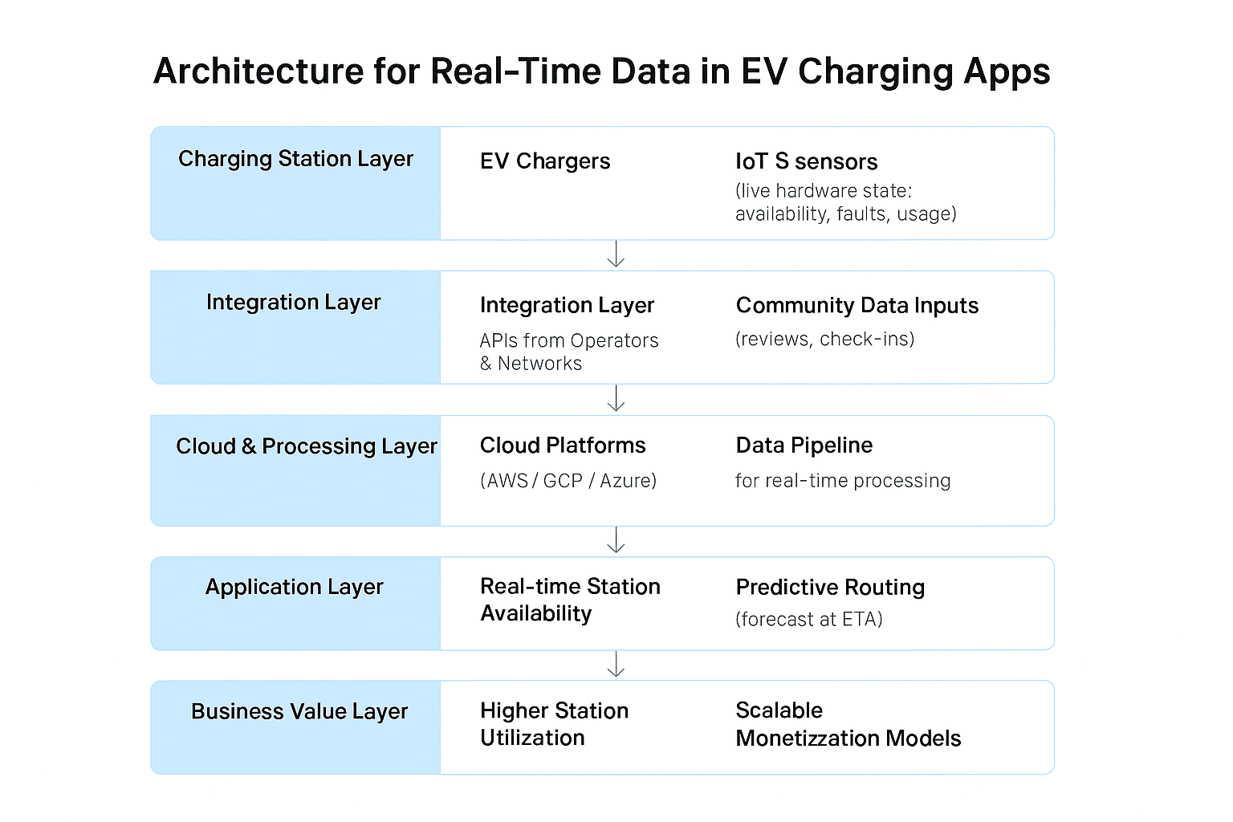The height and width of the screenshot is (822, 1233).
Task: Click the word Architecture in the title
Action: (258, 71)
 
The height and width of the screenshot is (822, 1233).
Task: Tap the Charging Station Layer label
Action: (295, 159)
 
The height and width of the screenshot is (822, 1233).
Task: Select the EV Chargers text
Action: (545, 161)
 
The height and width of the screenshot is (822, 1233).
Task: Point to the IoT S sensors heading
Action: (807, 161)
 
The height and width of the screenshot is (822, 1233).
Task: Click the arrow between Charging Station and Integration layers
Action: (616, 254)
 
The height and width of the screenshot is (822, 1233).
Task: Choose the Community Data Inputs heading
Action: (857, 306)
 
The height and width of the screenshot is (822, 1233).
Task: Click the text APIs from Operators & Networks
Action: (569, 352)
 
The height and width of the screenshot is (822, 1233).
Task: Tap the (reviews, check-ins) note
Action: (825, 339)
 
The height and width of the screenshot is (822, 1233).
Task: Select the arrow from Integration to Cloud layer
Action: (616, 398)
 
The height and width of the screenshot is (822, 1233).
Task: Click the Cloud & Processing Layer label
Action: (307, 446)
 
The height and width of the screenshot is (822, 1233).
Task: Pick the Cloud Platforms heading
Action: (563, 446)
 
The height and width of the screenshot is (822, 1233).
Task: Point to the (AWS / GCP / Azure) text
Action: (568, 481)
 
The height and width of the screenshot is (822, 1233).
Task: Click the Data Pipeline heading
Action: (804, 446)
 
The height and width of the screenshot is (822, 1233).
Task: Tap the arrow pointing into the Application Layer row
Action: (616, 540)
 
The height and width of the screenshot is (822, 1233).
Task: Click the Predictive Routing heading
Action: (830, 588)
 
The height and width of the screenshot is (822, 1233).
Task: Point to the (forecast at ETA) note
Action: (809, 620)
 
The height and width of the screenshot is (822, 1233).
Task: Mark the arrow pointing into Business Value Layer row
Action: (616, 664)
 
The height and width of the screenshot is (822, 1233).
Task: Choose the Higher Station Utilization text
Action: (555, 724)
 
